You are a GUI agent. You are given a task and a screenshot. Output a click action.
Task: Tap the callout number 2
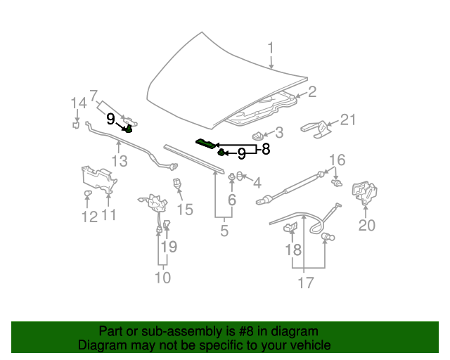pyautogui.click(x=312, y=91)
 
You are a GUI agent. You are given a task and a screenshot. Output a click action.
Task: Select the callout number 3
pyautogui.click(x=278, y=132)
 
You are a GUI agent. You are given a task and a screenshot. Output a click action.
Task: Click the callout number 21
pyautogui.click(x=348, y=121)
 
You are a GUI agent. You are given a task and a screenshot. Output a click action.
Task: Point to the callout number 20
pyautogui.click(x=367, y=225)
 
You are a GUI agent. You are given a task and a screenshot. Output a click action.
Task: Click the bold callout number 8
pyautogui.click(x=265, y=149)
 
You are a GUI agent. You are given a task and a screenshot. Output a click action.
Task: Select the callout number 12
pyautogui.click(x=89, y=217)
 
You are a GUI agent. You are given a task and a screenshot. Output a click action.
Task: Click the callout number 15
pyautogui.click(x=184, y=210)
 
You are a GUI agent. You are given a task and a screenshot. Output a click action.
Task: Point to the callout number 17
pyautogui.click(x=304, y=283)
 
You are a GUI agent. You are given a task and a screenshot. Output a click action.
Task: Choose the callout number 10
pyautogui.click(x=162, y=278)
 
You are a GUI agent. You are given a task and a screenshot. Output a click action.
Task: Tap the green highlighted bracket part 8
pyautogui.click(x=207, y=144)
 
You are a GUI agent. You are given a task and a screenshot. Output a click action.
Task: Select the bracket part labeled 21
pyautogui.click(x=316, y=129)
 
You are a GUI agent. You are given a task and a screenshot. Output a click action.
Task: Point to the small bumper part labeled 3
pyautogui.click(x=258, y=134)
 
